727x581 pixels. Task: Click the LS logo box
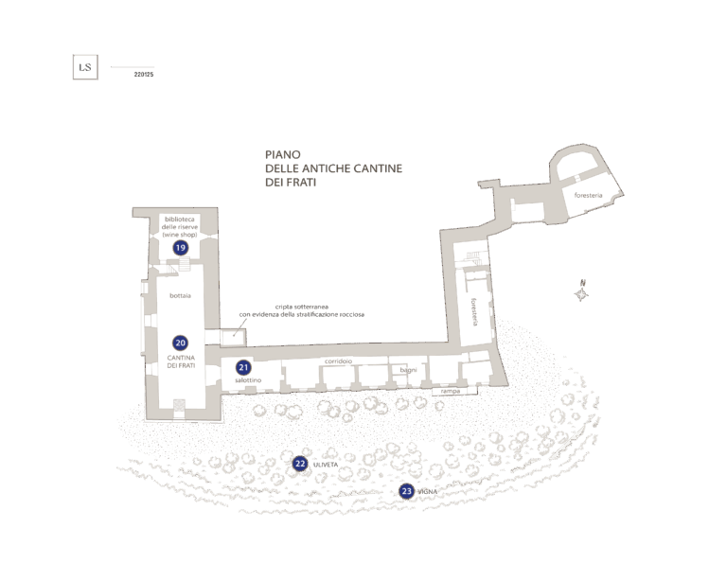[x=85, y=67]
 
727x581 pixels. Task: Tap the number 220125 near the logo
[x=144, y=74]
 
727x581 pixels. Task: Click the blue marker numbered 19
[x=181, y=248]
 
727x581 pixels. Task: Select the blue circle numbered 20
[x=181, y=343]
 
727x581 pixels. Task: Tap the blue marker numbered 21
[x=243, y=367]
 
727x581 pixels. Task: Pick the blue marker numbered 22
[x=300, y=464]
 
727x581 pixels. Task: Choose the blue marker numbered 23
[x=407, y=491]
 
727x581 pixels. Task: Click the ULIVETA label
[x=326, y=465]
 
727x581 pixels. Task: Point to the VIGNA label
[x=428, y=492]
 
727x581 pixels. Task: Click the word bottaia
[x=181, y=295]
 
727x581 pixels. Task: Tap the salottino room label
[x=248, y=379]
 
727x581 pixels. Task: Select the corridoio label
[x=339, y=361]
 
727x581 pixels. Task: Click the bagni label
[x=409, y=370]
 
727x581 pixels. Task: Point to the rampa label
[x=451, y=391]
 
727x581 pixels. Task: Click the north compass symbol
[x=581, y=291]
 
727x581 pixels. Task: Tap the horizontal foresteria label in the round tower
[x=589, y=195]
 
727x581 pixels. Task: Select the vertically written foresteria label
[x=474, y=312]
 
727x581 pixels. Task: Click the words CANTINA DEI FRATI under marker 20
[x=181, y=361]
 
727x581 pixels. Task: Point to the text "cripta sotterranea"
[x=302, y=307]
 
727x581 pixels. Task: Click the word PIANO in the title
[x=283, y=154]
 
